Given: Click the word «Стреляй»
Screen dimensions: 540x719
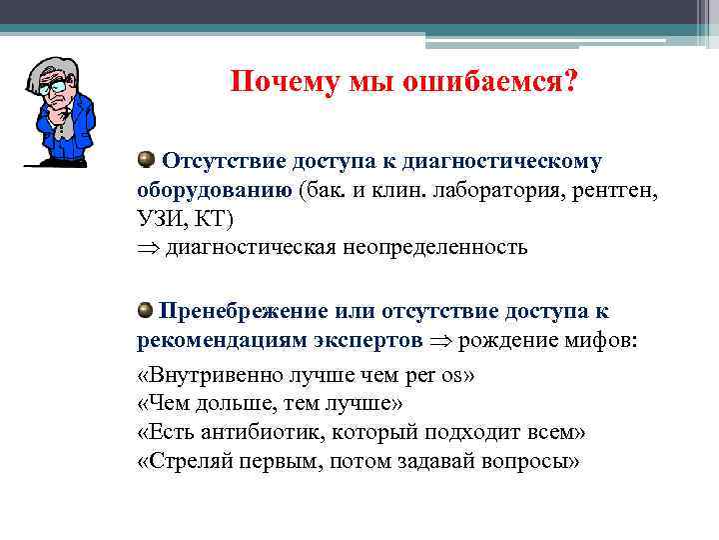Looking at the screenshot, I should (186, 462).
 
